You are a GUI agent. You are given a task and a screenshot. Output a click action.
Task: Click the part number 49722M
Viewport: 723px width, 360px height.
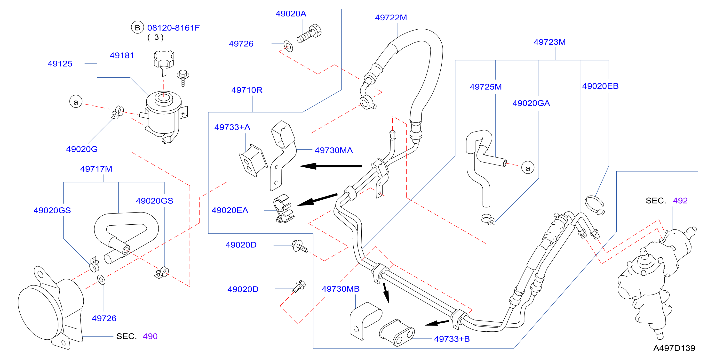[391, 18]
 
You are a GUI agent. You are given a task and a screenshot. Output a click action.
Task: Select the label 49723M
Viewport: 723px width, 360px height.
[549, 42]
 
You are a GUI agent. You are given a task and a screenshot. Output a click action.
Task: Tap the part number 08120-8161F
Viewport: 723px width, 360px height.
[174, 28]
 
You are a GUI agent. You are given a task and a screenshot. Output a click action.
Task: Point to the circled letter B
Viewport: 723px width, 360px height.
[137, 27]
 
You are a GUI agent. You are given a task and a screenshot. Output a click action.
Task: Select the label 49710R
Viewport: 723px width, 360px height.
[247, 90]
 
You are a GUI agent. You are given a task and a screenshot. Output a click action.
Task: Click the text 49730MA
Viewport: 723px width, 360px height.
[334, 150]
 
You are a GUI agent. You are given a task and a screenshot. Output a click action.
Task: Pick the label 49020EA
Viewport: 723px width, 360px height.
[230, 210]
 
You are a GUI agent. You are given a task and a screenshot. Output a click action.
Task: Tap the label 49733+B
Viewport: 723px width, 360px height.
[452, 339]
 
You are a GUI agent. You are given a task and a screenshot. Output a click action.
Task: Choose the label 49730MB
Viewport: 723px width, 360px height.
[341, 289]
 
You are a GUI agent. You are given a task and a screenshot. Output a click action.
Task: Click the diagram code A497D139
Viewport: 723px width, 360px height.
[674, 348]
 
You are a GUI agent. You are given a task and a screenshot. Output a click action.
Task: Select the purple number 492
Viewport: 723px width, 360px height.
[680, 201]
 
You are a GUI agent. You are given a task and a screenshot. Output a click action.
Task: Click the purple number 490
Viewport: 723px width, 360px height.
[150, 336]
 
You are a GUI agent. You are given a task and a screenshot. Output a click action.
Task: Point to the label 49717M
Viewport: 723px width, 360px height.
[96, 169]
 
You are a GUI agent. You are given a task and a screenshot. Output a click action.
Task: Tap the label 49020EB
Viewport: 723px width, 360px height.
[600, 86]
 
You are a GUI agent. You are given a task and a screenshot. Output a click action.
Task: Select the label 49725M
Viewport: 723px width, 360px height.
[485, 87]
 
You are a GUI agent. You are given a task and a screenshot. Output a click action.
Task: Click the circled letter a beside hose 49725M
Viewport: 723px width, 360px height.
[528, 168]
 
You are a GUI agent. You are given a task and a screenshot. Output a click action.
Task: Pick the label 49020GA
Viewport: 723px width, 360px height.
[531, 103]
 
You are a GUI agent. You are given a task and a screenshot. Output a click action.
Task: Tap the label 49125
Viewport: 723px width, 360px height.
[60, 64]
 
